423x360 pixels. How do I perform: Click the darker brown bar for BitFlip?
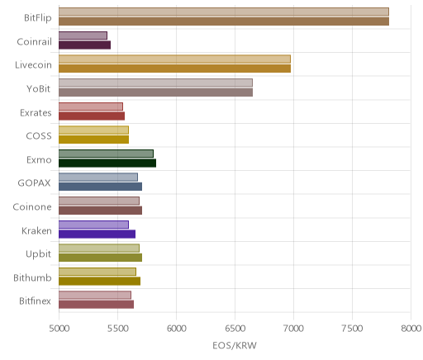coord(224,21)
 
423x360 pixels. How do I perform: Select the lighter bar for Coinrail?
coord(83,36)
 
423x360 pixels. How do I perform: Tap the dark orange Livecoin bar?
coord(175,69)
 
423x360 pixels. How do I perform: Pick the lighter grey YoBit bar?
coord(155,83)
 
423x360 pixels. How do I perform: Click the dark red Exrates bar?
coord(92,116)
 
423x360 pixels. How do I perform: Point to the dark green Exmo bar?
coord(107,163)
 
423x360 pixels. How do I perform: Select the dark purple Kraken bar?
coord(97,234)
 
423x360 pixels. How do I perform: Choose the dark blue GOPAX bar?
coord(101,187)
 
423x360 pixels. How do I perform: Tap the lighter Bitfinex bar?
coord(95,295)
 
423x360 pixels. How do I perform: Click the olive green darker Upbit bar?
coord(101,258)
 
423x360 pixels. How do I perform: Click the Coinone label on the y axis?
coord(32,207)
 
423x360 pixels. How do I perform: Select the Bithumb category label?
coord(32,277)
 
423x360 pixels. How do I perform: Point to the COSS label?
coord(39,136)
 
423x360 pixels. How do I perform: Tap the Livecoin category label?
coord(33,65)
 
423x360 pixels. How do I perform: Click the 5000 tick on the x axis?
coord(59,329)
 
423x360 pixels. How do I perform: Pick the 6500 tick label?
coord(235,329)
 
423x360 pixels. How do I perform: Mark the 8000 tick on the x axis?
coord(411,329)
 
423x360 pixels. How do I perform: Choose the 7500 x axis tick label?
coord(352,329)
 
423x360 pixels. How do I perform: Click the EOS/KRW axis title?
coord(235,345)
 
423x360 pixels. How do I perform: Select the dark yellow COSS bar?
coord(94,140)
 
